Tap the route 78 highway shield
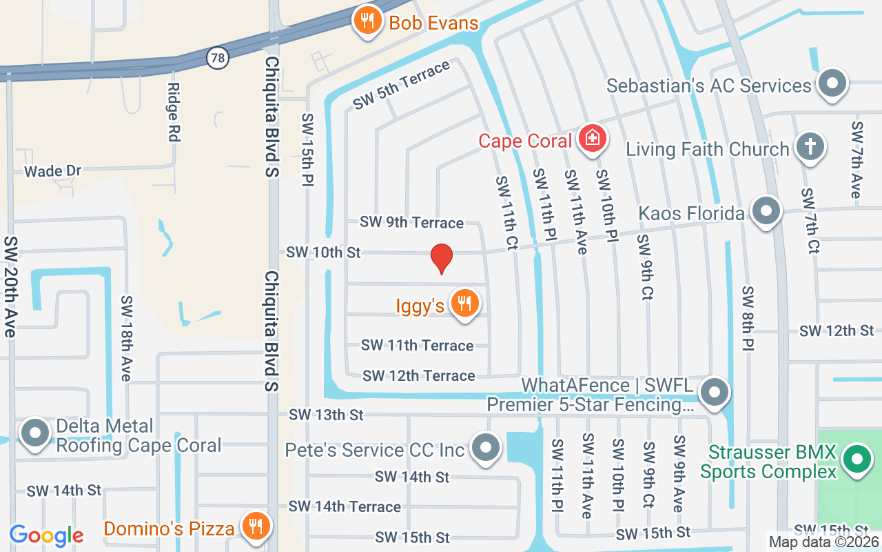click(x=218, y=58)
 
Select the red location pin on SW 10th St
click(x=441, y=258)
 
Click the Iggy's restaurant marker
click(x=464, y=303)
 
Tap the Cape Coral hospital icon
click(x=591, y=139)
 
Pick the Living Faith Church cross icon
click(x=810, y=148)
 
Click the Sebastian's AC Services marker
click(x=832, y=83)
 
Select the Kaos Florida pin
click(x=766, y=211)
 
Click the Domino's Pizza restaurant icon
click(x=256, y=526)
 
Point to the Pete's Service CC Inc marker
click(x=486, y=448)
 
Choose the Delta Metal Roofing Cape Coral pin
click(x=34, y=434)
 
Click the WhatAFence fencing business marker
click(x=714, y=393)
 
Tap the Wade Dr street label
click(x=53, y=171)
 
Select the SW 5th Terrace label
click(x=402, y=85)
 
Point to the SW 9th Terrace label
click(x=411, y=222)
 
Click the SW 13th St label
click(x=326, y=415)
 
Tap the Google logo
click(x=47, y=535)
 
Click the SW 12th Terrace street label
click(x=419, y=375)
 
